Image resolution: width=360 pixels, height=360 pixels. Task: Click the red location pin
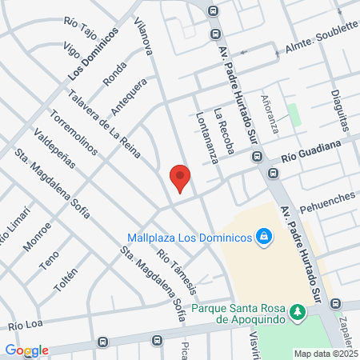(x=180, y=177)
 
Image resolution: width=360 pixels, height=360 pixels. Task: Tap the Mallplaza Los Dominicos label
(x=189, y=237)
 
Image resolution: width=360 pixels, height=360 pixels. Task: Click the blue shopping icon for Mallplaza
(x=263, y=237)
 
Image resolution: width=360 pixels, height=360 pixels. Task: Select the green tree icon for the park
(x=298, y=310)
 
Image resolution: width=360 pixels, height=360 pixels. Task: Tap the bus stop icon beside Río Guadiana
(x=273, y=172)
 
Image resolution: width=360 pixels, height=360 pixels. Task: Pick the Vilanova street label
(x=144, y=37)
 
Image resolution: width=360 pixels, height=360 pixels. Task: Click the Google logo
(x=26, y=350)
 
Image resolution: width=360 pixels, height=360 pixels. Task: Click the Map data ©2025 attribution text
(x=326, y=354)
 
